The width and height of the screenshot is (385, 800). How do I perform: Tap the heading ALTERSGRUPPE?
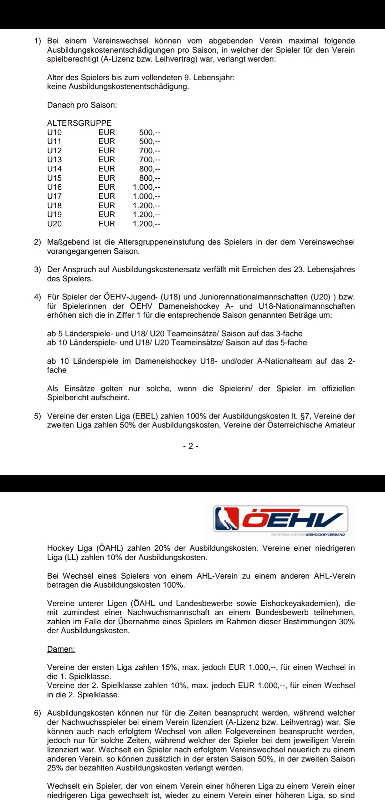tap(79, 123)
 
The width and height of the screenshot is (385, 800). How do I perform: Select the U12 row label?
tap(54, 150)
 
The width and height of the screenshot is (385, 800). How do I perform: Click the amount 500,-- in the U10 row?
tap(149, 132)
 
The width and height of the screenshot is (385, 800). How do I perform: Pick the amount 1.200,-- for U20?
tap(146, 224)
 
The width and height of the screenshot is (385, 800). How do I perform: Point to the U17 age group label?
tap(54, 196)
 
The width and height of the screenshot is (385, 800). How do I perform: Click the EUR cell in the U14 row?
tap(107, 169)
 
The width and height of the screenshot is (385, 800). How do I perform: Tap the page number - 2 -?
tap(191, 446)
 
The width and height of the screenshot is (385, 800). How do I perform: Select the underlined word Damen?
tap(61, 649)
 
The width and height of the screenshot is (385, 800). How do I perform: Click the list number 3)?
tap(38, 270)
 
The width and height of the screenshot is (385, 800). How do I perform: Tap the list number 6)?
tap(38, 713)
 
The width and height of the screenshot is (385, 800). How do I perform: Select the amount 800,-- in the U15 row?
tap(149, 178)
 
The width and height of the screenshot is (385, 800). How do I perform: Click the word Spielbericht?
tap(68, 398)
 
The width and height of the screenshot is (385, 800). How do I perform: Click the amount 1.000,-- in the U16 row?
tap(146, 187)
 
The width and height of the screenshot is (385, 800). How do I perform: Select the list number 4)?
tap(38, 297)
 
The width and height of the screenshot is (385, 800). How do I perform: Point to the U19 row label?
tap(54, 214)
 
